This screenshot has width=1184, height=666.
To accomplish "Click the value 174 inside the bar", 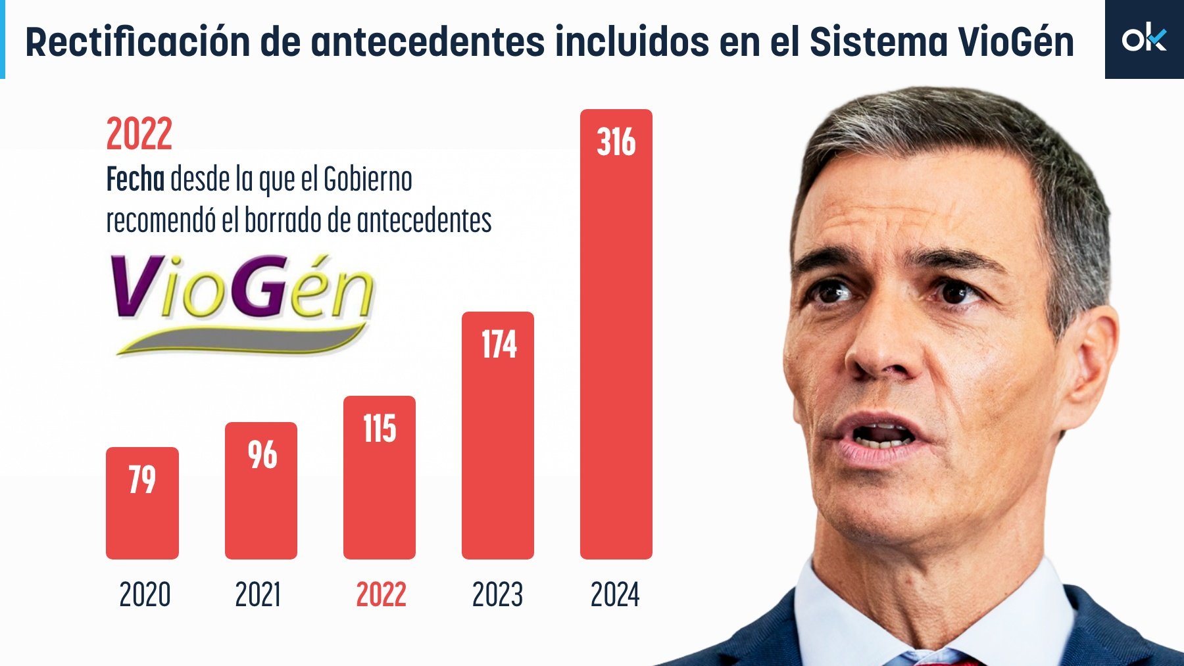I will click(x=499, y=345).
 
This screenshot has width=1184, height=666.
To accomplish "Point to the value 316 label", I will click(x=616, y=142).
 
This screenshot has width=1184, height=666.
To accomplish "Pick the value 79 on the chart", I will click(x=142, y=479).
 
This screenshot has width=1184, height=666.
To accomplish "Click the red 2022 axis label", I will click(x=381, y=594).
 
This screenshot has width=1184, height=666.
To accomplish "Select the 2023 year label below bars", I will click(x=497, y=594).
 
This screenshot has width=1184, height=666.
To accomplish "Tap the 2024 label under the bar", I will click(x=615, y=594).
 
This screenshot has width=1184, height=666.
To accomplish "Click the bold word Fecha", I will click(x=136, y=179).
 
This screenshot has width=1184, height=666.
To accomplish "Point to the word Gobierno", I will click(x=368, y=179).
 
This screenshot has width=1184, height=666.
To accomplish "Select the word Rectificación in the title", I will click(x=137, y=42).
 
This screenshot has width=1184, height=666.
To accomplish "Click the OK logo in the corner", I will click(x=1144, y=39).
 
